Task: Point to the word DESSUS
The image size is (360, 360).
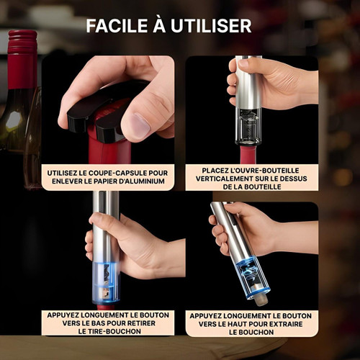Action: point(297,179)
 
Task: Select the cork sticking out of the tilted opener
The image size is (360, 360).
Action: point(260,297)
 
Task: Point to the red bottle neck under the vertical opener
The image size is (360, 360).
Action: point(248,155)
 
